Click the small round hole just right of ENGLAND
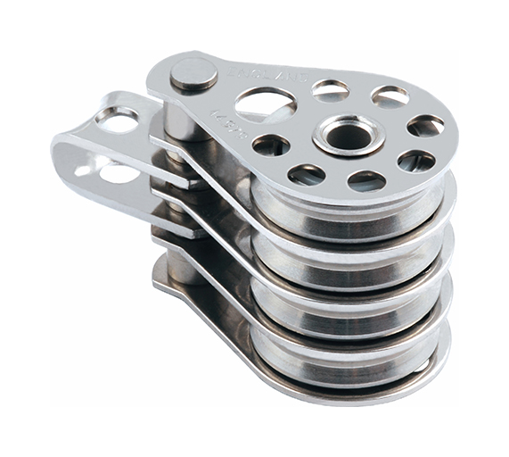(x=331, y=89)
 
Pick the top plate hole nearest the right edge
(x=426, y=126)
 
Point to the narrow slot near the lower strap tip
(x=86, y=168)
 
